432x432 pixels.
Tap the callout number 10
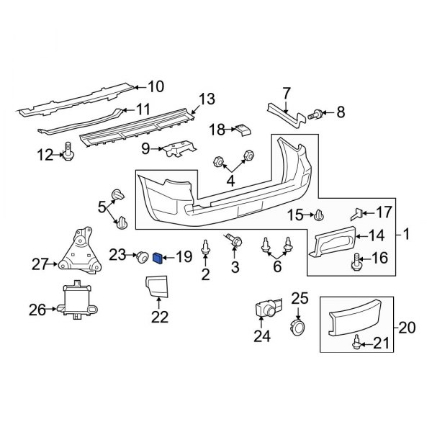[156, 87]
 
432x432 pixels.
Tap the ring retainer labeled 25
[297, 328]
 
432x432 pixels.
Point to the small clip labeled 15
[320, 214]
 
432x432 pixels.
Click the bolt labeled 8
[316, 113]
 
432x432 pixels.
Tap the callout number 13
[207, 99]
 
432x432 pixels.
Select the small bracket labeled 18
[242, 129]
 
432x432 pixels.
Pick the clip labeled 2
[206, 247]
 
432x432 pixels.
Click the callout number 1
[405, 234]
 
